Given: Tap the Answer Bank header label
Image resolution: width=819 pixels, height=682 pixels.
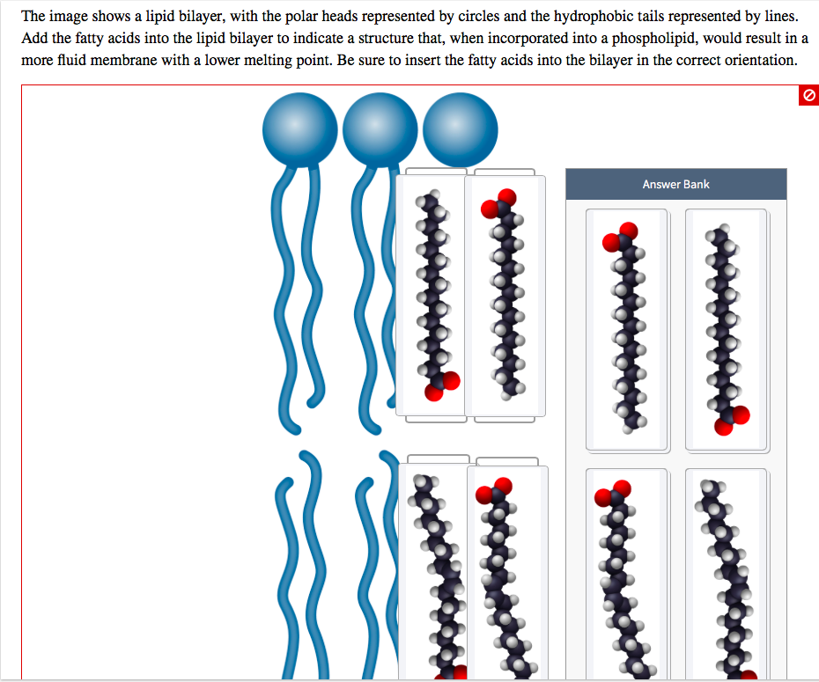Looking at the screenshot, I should pyautogui.click(x=675, y=184).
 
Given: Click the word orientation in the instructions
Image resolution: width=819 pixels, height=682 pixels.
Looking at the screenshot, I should pyautogui.click(x=755, y=62).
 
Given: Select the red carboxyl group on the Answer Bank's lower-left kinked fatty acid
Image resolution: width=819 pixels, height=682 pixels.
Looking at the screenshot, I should pyautogui.click(x=612, y=493).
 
